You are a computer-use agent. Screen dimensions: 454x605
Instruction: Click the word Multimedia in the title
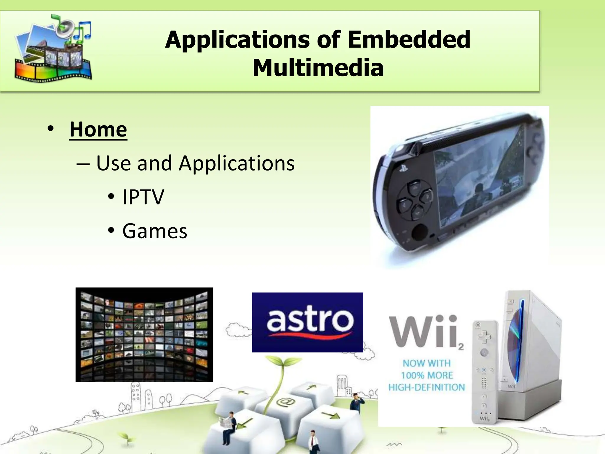pos(318,68)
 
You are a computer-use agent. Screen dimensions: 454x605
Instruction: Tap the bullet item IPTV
pos(143,197)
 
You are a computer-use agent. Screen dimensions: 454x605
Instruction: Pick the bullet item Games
pos(154,231)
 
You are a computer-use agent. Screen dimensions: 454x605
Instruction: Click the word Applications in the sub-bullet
pos(237,163)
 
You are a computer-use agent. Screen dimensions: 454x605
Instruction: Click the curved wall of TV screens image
pos(144,335)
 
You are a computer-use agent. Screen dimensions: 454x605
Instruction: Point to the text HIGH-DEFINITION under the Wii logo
pos(427,387)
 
